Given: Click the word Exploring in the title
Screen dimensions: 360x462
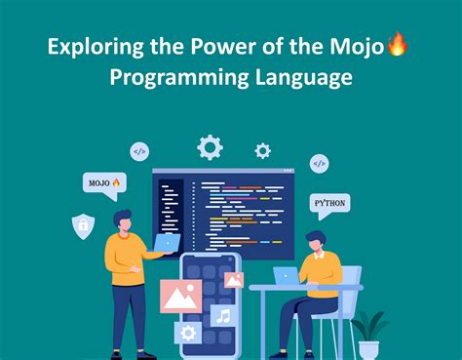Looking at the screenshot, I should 91,45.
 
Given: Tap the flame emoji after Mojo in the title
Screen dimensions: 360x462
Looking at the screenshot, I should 398,44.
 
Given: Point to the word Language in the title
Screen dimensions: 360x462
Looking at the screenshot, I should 302,77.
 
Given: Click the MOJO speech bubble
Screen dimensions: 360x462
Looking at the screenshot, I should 103,182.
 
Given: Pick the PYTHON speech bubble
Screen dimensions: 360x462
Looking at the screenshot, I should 328,205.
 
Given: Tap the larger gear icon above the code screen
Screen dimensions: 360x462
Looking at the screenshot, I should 210,147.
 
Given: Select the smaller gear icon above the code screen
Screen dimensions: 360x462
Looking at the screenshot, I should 262,150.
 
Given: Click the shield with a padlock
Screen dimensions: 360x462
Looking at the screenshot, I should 84,226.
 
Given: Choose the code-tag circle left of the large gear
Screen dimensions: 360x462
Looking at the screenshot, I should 139,151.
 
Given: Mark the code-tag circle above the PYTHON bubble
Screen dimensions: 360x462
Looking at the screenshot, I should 320,163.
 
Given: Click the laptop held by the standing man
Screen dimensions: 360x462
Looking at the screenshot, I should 167,243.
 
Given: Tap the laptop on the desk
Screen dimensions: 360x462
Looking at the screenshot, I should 287,276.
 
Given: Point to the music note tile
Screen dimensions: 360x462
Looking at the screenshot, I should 223,315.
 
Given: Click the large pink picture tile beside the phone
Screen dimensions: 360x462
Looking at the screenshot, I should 180,296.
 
